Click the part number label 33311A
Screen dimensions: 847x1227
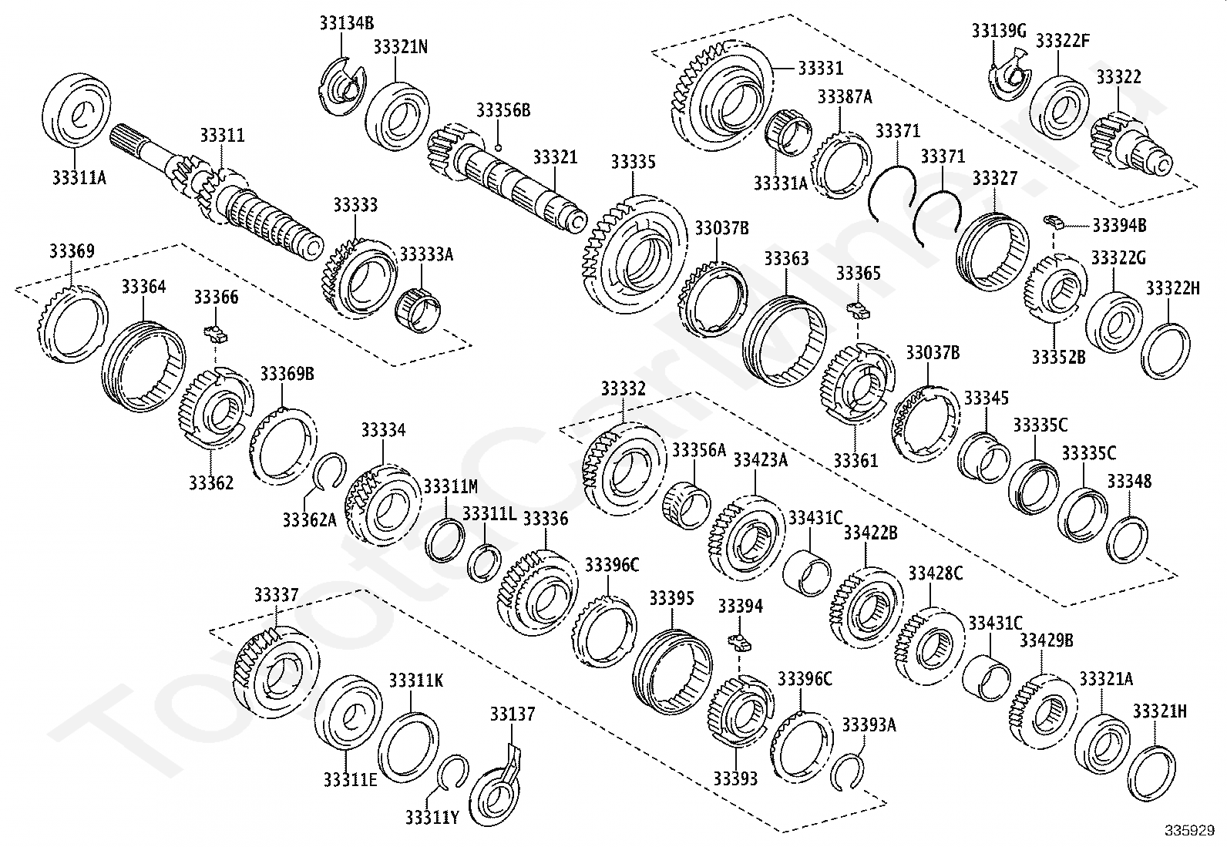pos(79,178)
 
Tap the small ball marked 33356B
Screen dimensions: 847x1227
pos(499,147)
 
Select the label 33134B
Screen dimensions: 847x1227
pos(346,23)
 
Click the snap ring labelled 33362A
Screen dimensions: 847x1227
pos(331,472)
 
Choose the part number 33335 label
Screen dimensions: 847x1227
pos(633,162)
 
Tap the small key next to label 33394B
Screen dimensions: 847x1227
pos(1054,223)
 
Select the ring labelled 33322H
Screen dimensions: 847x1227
pos(1165,351)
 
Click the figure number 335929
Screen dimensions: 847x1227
pos(1189,832)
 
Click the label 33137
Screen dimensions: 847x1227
pos(512,714)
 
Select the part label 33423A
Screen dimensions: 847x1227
pos(760,460)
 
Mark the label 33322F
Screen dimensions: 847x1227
pos(1063,41)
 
